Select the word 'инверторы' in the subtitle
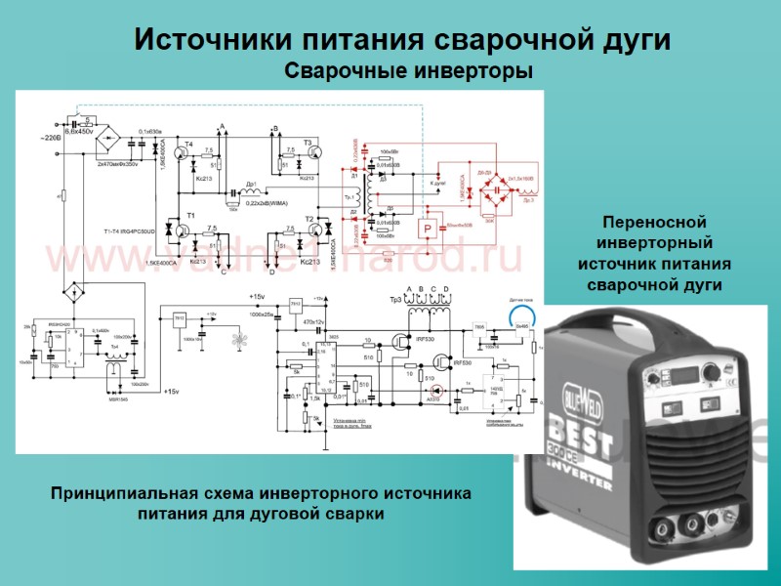pos(470,71)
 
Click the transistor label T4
pos(189,145)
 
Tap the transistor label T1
pos(191,213)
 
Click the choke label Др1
pos(251,183)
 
